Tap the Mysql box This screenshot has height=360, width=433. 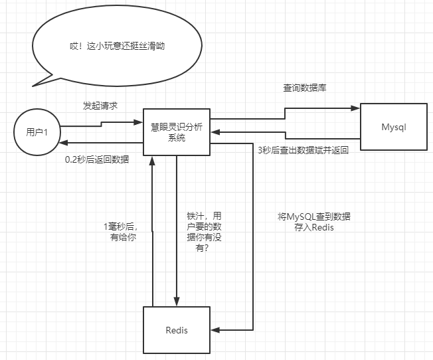392,126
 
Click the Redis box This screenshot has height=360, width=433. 177,329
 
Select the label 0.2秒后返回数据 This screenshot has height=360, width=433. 97,159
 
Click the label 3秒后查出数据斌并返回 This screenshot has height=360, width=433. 303,150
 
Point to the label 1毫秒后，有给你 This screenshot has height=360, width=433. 123,231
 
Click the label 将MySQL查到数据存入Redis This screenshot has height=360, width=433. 305,222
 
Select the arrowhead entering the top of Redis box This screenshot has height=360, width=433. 177,302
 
